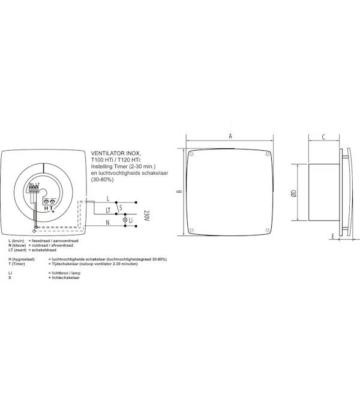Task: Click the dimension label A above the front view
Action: tap(230, 136)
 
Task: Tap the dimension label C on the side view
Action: tap(323, 137)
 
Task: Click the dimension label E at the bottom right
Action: tap(331, 237)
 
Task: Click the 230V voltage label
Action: tap(145, 216)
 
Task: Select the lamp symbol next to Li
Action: tap(125, 221)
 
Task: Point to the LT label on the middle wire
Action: tap(108, 210)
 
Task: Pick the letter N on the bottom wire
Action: tap(107, 222)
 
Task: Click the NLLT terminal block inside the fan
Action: tap(35, 188)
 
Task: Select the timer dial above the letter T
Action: tap(53, 202)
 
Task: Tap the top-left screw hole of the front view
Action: tap(191, 153)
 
